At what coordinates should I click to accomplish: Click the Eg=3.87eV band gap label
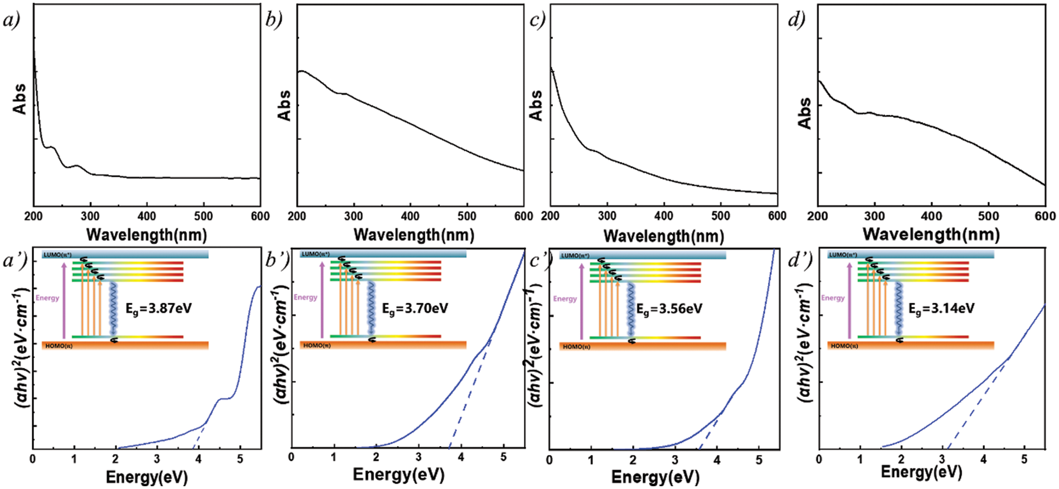tap(158, 308)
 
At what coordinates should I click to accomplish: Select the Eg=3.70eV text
tap(415, 308)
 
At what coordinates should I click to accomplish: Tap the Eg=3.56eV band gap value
tap(669, 309)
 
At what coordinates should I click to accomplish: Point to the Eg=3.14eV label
tap(941, 308)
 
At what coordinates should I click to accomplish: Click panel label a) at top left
tap(12, 21)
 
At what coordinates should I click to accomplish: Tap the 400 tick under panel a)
tap(147, 216)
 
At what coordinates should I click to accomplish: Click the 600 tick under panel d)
tap(1045, 216)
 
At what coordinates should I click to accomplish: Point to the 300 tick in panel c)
tap(607, 216)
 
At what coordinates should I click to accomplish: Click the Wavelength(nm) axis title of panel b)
tap(414, 235)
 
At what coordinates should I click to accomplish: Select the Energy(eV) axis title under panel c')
tap(655, 477)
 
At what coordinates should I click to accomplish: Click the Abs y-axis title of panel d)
tap(805, 113)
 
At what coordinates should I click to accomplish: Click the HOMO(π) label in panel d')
tap(844, 346)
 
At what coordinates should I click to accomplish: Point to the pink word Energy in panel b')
tap(305, 297)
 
